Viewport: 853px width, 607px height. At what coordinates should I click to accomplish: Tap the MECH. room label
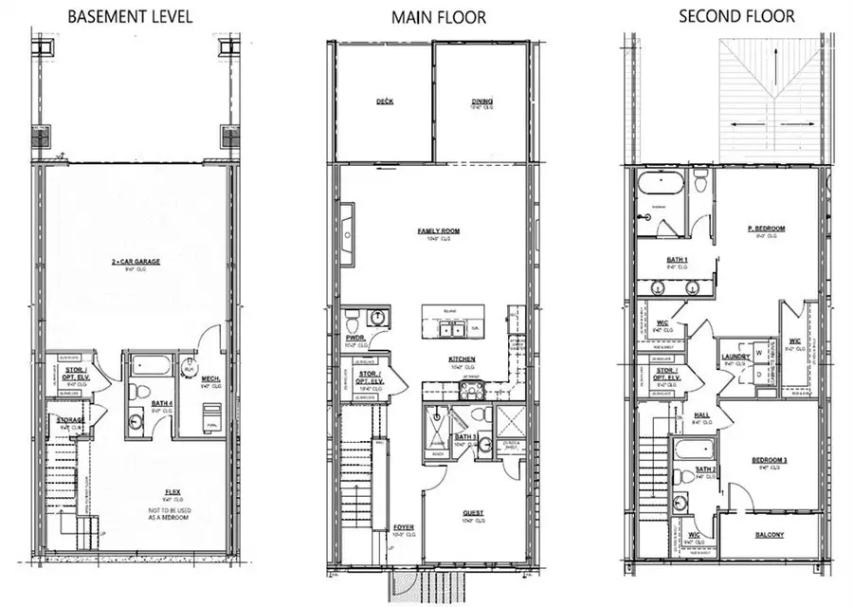[210, 378]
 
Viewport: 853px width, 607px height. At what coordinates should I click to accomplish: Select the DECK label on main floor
[384, 101]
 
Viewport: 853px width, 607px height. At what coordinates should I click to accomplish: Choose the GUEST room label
[473, 513]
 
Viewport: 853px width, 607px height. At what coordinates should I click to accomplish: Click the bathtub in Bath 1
[659, 183]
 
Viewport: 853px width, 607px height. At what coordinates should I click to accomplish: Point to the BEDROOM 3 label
[769, 461]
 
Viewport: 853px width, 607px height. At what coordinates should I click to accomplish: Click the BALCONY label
[769, 536]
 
